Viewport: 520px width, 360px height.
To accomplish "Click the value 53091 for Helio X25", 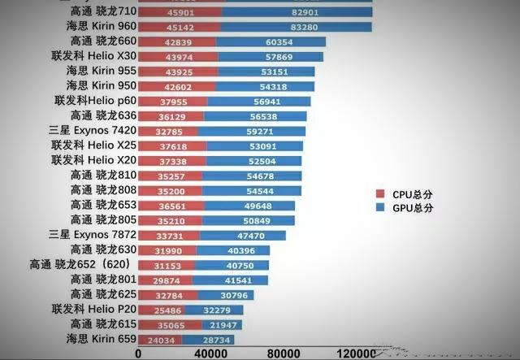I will [x=253, y=146].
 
